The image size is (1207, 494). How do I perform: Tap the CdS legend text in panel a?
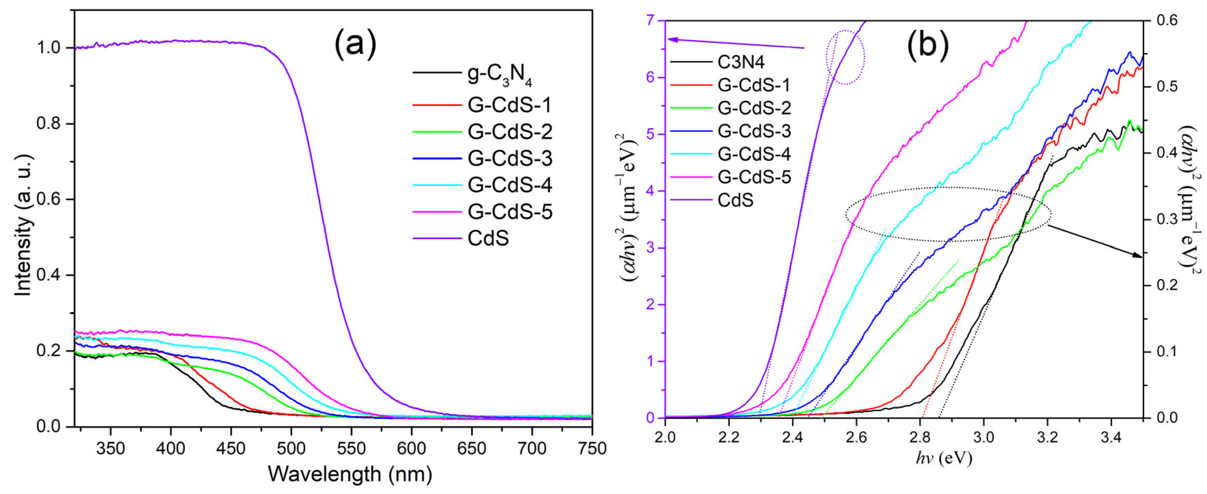click(x=488, y=239)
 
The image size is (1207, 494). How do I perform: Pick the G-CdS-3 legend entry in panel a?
click(x=510, y=158)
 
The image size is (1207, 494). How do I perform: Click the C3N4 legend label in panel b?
click(x=741, y=62)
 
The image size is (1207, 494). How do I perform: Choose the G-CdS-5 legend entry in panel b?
click(x=754, y=177)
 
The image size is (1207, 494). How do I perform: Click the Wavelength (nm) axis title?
click(x=349, y=474)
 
